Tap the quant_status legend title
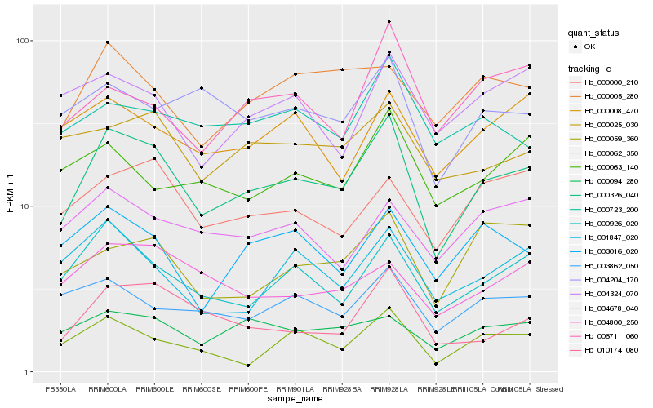click(594, 33)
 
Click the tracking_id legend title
click(591, 68)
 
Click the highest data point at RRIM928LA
click(389, 21)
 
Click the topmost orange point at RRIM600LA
click(107, 42)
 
